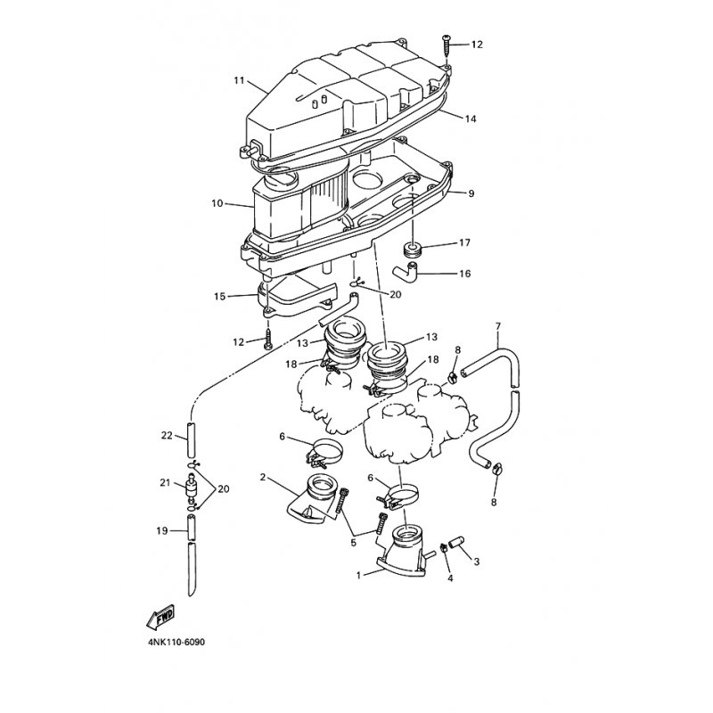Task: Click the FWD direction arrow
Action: [x=161, y=618]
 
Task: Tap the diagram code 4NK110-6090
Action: [x=176, y=643]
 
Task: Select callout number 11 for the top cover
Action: [x=239, y=80]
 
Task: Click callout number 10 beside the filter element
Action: [x=217, y=203]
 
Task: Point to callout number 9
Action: [x=471, y=193]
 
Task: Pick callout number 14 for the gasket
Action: [x=471, y=119]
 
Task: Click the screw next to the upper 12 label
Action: [x=446, y=49]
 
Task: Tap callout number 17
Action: [x=464, y=242]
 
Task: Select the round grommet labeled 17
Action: [x=413, y=250]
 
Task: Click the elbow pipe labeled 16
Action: [x=406, y=271]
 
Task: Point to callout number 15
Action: [x=219, y=297]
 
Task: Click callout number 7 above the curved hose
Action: [x=498, y=326]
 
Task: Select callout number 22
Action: [x=167, y=435]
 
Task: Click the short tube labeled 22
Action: [x=192, y=439]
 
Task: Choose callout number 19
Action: [x=162, y=530]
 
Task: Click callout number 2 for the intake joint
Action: [x=262, y=477]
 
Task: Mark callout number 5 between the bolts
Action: [x=353, y=543]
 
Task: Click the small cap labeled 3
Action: [x=455, y=544]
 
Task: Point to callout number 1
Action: [x=358, y=575]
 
